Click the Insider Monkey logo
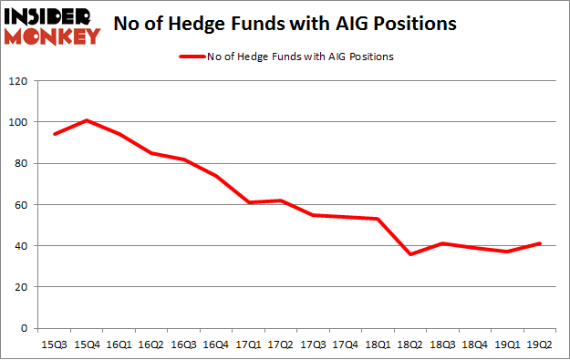[53, 26]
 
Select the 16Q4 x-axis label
[217, 344]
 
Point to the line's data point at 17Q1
[249, 202]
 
